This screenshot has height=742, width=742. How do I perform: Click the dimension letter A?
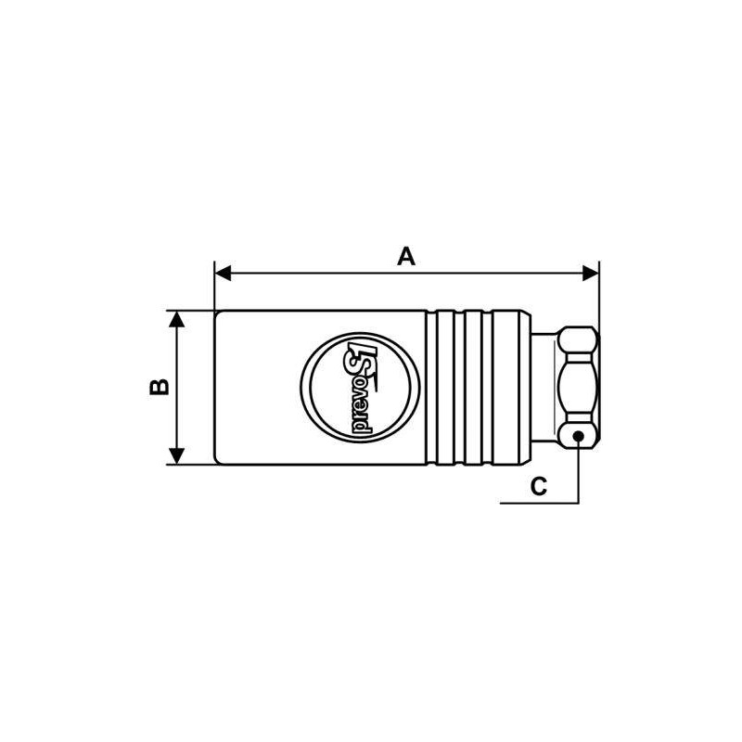pos(406,256)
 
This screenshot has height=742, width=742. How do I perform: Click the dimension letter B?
pos(160,387)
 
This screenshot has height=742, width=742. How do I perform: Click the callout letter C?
pos(539,486)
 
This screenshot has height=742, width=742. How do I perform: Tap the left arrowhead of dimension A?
pos(223,273)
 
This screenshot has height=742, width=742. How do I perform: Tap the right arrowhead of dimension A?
pos(591,273)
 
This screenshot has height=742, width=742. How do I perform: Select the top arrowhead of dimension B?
pos(176,319)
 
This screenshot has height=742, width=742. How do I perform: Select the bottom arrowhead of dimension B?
pos(176,456)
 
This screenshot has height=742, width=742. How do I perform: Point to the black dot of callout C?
pos(578,436)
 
